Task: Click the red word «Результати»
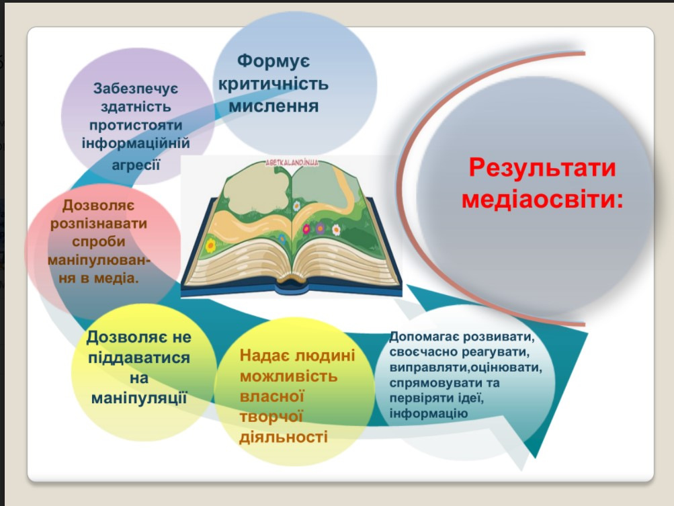(x=542, y=167)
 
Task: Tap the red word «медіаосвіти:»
(x=542, y=200)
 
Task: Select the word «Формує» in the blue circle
(x=273, y=61)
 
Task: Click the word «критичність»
(x=273, y=84)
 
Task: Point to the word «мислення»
(x=273, y=106)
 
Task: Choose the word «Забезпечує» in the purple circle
(x=135, y=89)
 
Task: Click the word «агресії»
(x=136, y=164)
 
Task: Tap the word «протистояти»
(x=136, y=126)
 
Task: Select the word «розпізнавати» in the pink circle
(x=98, y=224)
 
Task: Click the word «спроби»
(x=98, y=242)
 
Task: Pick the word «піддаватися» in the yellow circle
(x=139, y=357)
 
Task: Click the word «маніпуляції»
(x=139, y=398)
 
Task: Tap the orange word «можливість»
(x=288, y=376)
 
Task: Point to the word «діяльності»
(x=284, y=437)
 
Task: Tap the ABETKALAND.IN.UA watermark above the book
(x=292, y=163)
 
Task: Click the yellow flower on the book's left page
(x=210, y=245)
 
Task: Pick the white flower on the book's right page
(x=336, y=230)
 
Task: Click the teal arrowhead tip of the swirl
(x=536, y=458)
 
